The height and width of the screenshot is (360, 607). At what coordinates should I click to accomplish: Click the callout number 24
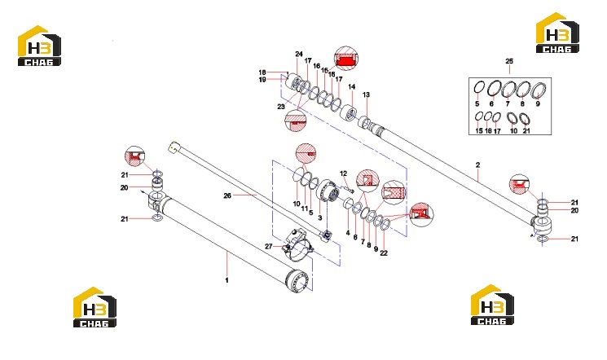299,55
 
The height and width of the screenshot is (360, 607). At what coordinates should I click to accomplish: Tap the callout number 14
351,86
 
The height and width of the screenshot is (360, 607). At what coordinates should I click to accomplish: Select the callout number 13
366,94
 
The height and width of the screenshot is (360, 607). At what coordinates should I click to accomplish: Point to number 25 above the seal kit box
509,61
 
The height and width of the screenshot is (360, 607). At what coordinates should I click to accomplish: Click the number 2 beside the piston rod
477,165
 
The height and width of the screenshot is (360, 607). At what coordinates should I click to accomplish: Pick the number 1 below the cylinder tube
227,280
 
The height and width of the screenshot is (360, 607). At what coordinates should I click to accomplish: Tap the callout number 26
227,195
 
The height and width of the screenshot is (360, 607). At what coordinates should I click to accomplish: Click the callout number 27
269,247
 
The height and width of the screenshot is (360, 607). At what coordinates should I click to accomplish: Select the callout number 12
343,173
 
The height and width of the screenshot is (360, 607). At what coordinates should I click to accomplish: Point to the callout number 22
384,253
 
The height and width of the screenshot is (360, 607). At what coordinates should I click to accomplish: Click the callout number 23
281,107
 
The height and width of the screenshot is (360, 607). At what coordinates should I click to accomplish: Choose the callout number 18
262,72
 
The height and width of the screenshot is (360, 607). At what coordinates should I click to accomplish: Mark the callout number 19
262,80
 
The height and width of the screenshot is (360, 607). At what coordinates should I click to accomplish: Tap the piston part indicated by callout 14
349,112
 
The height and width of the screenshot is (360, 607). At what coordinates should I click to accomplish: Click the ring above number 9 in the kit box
538,90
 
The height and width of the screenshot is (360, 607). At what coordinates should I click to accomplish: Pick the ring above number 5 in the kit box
479,87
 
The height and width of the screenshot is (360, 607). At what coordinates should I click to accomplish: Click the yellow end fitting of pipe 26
173,147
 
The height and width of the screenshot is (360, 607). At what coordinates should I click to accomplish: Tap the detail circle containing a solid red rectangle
345,59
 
